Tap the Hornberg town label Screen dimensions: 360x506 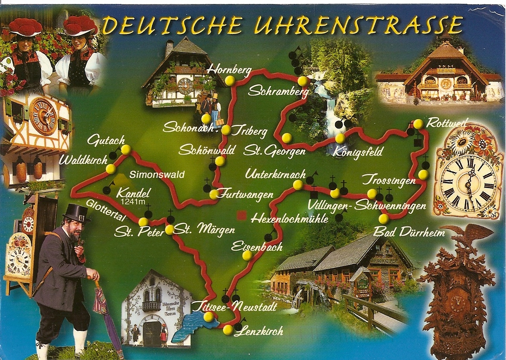click(223, 70)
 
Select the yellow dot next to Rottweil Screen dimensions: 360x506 click(418, 124)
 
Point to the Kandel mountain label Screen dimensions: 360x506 click(134, 192)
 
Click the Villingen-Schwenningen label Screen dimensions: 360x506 click(366, 205)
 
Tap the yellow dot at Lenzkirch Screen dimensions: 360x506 click(228, 330)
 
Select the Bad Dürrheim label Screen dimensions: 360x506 click(409, 232)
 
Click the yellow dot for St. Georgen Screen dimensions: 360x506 click(287, 138)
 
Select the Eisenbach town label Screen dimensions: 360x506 click(256, 246)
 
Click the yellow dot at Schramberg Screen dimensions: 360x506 click(302, 81)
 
